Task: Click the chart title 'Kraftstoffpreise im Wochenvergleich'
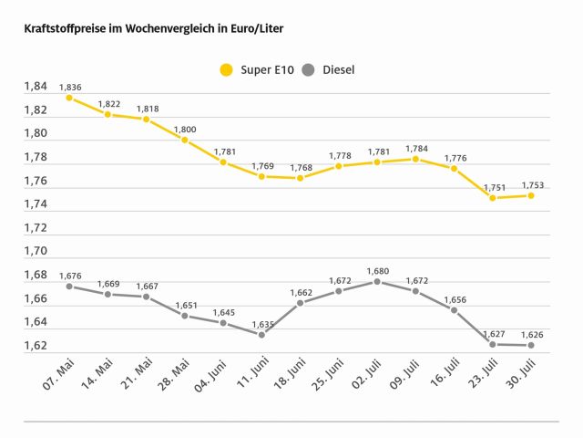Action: click(x=153, y=29)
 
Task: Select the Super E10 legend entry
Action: click(x=256, y=69)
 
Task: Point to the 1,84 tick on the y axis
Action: click(x=35, y=87)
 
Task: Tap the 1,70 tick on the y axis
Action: click(x=35, y=251)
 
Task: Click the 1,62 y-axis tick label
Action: click(x=35, y=346)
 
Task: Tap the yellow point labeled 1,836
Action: click(x=69, y=98)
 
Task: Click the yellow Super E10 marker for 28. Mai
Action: click(x=185, y=141)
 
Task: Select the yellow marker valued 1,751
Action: click(x=493, y=198)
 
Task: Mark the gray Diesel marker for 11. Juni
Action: click(x=262, y=335)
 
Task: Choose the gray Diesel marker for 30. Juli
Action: click(x=531, y=345)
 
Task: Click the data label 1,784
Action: click(x=415, y=148)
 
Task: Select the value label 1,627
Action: click(x=493, y=333)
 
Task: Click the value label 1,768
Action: click(x=302, y=167)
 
